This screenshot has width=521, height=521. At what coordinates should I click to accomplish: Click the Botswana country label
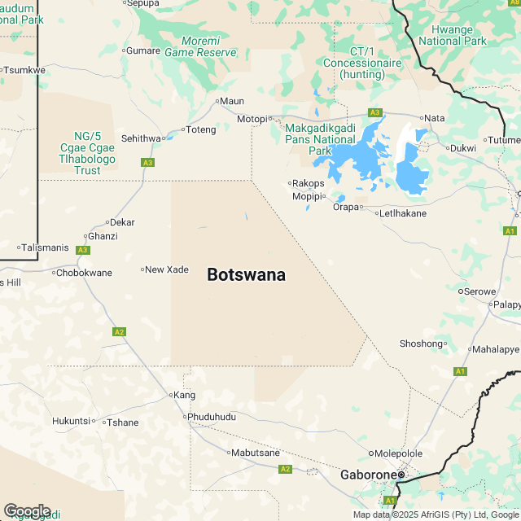pos(246,275)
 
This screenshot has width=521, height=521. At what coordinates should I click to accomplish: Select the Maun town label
pos(232,102)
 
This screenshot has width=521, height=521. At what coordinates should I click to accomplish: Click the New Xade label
pos(166,269)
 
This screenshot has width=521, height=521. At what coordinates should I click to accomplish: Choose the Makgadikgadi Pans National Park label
pos(320,139)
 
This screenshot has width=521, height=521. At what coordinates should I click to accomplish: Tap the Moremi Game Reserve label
pos(200,46)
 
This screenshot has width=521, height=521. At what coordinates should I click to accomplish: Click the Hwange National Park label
pos(452,35)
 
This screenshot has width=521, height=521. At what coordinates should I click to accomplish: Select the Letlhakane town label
pos(405,213)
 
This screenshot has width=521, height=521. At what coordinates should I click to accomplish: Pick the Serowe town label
pos(475,291)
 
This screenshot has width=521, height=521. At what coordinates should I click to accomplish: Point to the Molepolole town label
pos(399,453)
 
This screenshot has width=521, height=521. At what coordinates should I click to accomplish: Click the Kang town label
pos(185,395)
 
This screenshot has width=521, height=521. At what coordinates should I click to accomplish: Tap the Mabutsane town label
pos(255,453)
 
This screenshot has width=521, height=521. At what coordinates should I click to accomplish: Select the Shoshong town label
pos(421,344)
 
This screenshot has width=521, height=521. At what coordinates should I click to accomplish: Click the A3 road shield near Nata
pos(374,112)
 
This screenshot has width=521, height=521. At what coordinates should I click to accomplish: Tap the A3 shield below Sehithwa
pos(147,163)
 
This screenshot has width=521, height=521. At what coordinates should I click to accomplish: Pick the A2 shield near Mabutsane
pos(285,469)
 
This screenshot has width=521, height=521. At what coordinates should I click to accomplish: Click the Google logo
pos(26,510)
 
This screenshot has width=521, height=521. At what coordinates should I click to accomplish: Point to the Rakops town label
pos(309,183)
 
